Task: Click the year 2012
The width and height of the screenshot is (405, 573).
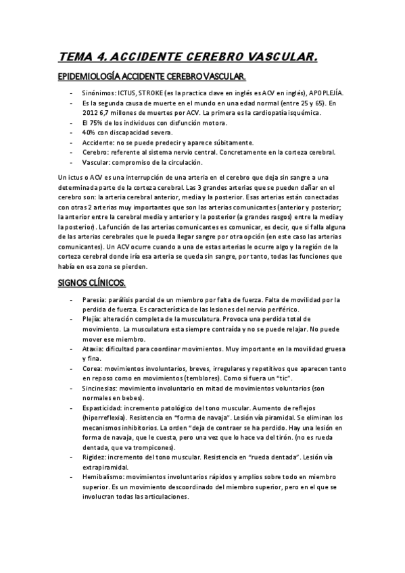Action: pyautogui.click(x=88, y=113)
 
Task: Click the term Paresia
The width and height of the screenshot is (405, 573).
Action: pyautogui.click(x=94, y=299)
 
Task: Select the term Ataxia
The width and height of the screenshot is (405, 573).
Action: pyautogui.click(x=93, y=349)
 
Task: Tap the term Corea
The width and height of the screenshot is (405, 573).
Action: pyautogui.click(x=92, y=369)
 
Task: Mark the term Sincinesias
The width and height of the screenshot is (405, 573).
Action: pyautogui.click(x=99, y=389)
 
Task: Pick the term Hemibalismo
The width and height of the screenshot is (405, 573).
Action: pyautogui.click(x=102, y=478)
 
